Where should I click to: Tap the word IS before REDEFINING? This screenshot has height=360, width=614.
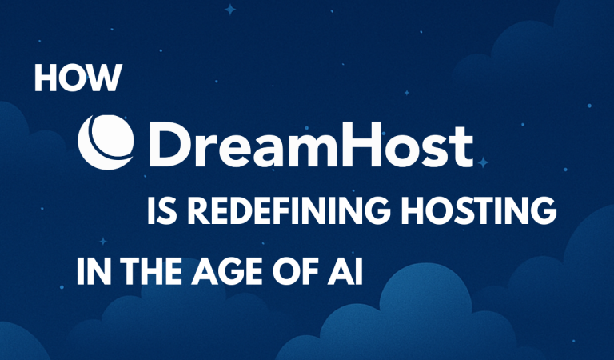[163, 214]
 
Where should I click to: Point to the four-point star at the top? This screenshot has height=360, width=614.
[232, 10]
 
